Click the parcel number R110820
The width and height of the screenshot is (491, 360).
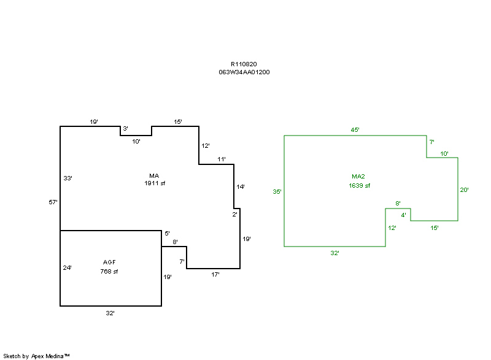[244, 64]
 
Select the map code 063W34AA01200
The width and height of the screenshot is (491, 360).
[244, 72]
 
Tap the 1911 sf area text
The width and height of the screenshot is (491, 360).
[155, 183]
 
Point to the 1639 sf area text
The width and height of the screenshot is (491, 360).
[359, 185]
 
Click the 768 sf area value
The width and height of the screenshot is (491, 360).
[109, 271]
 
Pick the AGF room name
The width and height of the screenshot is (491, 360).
[109, 262]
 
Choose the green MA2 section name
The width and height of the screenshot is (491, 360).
[359, 177]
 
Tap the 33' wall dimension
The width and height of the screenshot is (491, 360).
[68, 178]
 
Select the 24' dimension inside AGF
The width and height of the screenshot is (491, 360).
[68, 267]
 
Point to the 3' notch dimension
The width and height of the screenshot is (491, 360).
[125, 129]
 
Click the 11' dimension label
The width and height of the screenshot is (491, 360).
[222, 159]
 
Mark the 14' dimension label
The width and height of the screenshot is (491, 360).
[241, 186]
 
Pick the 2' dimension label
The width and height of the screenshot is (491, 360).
[234, 215]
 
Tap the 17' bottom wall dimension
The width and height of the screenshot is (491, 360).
[215, 275]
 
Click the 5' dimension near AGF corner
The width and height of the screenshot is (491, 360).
[167, 234]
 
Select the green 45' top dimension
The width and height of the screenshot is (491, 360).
[355, 130]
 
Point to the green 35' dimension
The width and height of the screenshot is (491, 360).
[277, 192]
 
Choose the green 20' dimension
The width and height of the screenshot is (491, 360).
[465, 190]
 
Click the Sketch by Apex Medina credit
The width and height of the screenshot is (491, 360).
[36, 355]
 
